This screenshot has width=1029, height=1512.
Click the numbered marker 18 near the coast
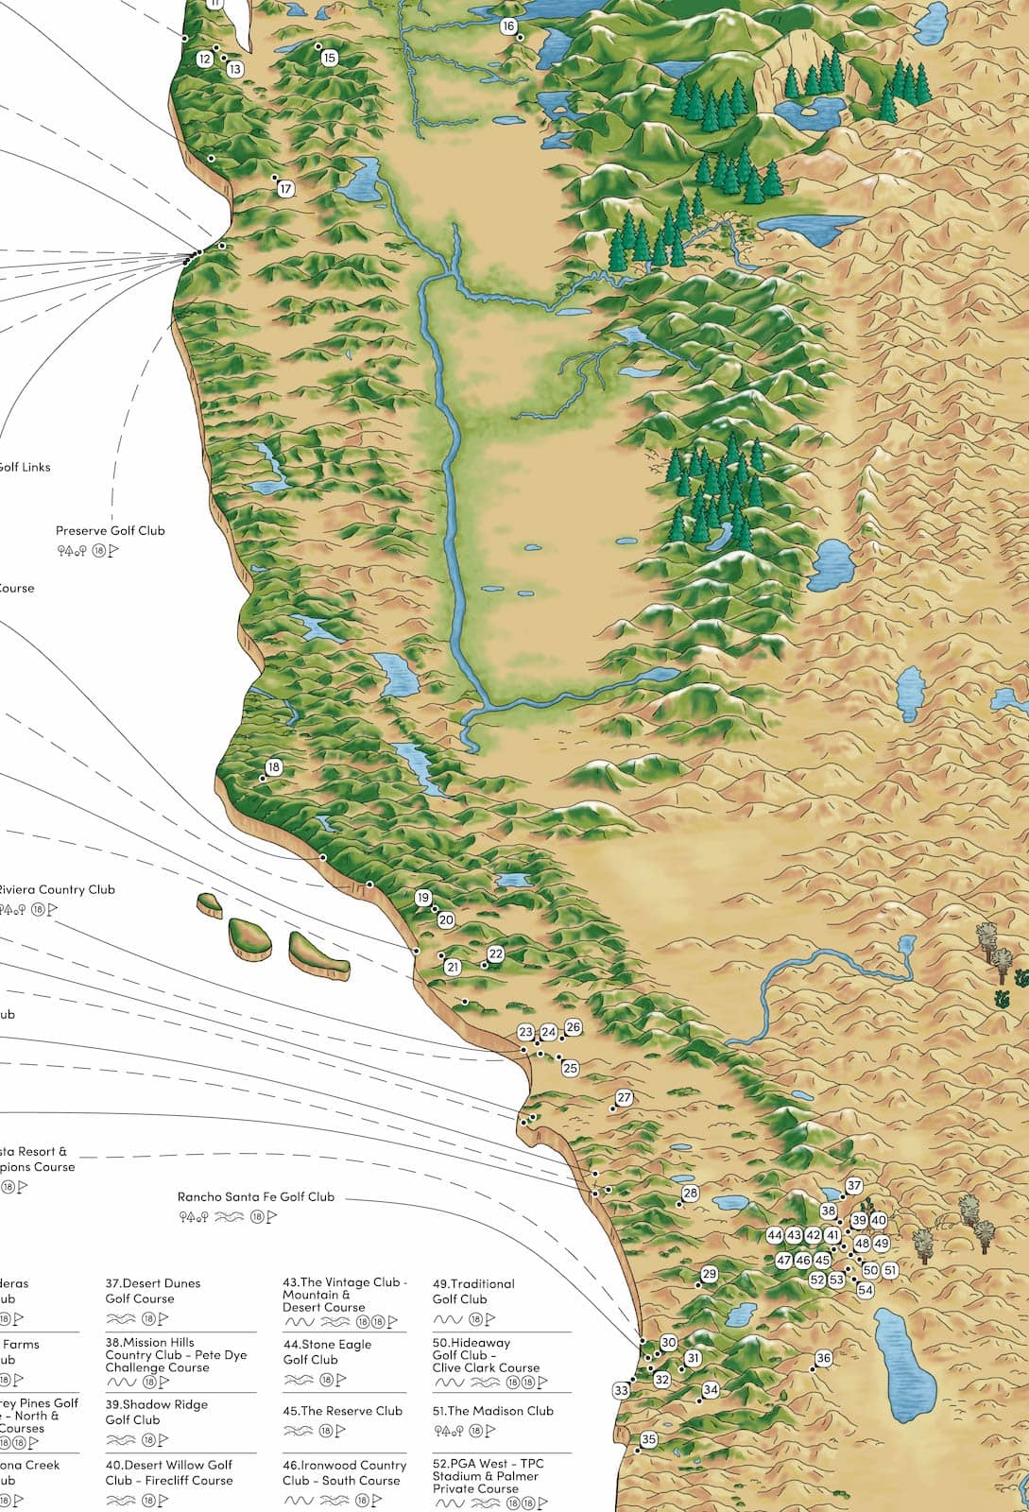click(274, 767)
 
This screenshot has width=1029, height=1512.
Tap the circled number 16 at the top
click(508, 26)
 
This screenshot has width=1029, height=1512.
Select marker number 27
click(624, 1097)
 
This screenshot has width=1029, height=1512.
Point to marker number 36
click(824, 1358)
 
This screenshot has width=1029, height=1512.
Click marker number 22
click(496, 954)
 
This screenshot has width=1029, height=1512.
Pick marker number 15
click(329, 58)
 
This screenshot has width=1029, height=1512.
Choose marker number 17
click(286, 189)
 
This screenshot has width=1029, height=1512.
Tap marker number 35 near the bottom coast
click(648, 1439)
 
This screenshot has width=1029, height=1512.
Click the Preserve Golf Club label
click(110, 530)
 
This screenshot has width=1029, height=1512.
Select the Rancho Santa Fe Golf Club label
click(256, 1196)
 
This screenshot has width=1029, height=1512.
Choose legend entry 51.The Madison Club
click(493, 1411)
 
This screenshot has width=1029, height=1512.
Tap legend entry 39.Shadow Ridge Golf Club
click(157, 1412)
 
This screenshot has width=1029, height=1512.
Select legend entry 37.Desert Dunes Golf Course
click(153, 1291)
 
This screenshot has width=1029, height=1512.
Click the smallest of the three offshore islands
click(210, 905)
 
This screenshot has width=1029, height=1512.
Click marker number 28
click(691, 1194)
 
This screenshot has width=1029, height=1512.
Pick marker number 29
click(710, 1274)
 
